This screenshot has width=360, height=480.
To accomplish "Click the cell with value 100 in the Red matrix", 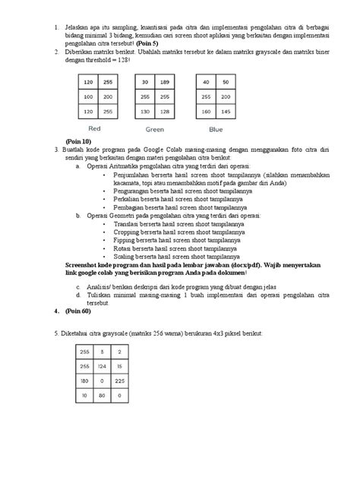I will pyautogui.click(x=88, y=97).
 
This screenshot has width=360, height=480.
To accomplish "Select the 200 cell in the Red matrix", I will pyautogui.click(x=108, y=97).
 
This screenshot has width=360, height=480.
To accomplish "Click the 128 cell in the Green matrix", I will pyautogui.click(x=165, y=112).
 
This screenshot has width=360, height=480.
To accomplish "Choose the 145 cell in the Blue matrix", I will pyautogui.click(x=223, y=112).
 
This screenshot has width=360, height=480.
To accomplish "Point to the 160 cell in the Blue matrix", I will pyautogui.click(x=203, y=112).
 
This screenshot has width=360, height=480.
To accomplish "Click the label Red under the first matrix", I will pyautogui.click(x=95, y=128).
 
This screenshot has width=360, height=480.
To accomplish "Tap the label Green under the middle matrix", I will pyautogui.click(x=155, y=129).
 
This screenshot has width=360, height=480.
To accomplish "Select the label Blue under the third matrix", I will pyautogui.click(x=214, y=128).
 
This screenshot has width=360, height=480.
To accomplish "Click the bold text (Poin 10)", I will pyautogui.click(x=78, y=142).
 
